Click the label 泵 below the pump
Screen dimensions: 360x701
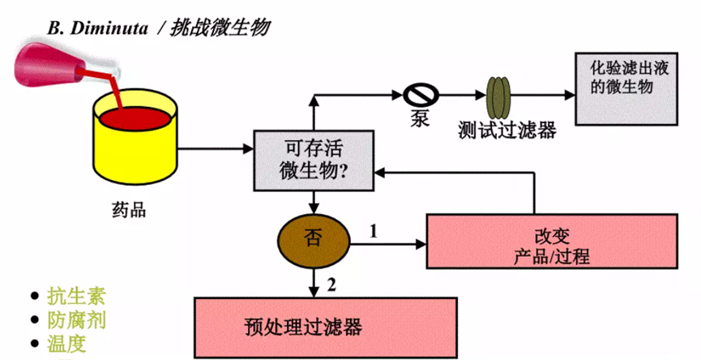click(419, 118)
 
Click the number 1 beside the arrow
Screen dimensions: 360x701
click(374, 230)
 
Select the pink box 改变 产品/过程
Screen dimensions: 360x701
click(551, 242)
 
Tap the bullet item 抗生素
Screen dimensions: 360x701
click(76, 296)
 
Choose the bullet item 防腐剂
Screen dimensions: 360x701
click(76, 320)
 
